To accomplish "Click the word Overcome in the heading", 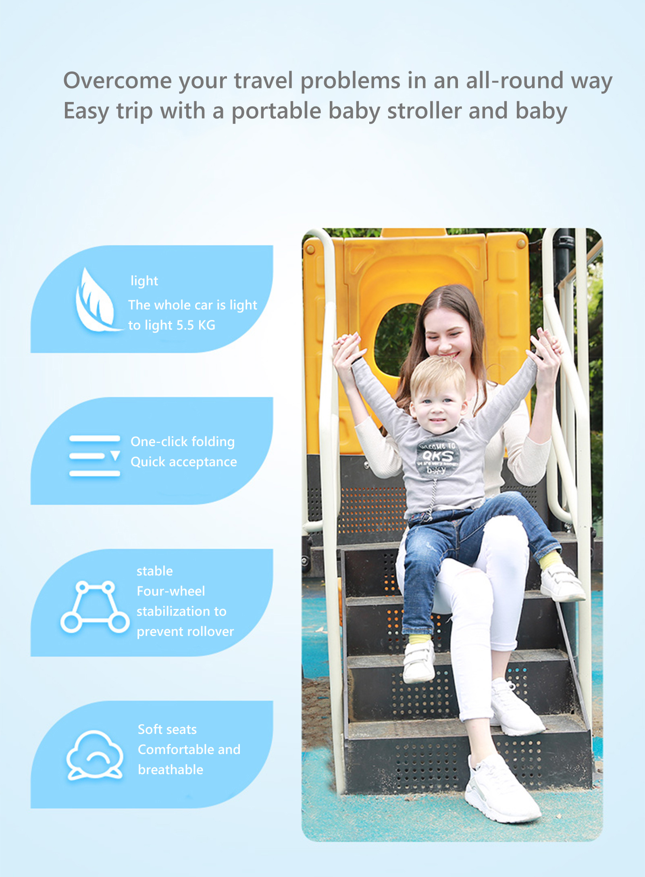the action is [x=118, y=80].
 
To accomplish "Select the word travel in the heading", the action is [x=264, y=80].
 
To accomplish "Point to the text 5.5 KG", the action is [x=196, y=325].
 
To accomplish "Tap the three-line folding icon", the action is [x=95, y=456].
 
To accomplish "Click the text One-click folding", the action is [x=183, y=441].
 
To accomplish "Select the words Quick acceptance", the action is [x=184, y=462].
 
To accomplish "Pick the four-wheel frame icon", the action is [x=95, y=607].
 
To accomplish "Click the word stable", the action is [x=155, y=571].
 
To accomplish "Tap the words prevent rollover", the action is [x=185, y=631].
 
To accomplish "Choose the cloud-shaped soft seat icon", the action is [x=95, y=756].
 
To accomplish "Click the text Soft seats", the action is [x=167, y=729].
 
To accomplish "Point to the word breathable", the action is [x=171, y=769].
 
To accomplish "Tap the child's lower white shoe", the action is [x=419, y=663].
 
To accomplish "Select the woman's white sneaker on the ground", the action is [x=502, y=790].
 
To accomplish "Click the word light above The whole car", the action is [x=144, y=281].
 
